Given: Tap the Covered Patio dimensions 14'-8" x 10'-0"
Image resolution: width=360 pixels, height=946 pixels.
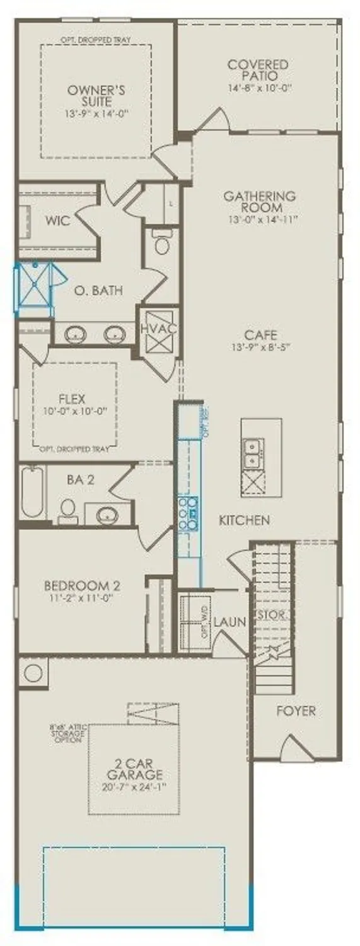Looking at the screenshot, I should coord(258,88).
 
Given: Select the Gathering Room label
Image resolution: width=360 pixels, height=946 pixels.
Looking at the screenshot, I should coord(259,202).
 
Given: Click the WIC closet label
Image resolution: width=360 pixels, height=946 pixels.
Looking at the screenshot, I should coord(57,221).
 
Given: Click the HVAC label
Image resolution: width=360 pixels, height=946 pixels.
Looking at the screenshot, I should coord(158,329).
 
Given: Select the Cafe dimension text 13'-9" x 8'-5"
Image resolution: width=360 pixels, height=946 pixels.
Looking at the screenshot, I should coord(262,347).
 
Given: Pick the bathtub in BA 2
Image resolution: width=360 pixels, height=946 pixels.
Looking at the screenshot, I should coord(32,491).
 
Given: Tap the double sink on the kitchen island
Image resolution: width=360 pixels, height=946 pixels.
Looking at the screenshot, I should coord(253,450).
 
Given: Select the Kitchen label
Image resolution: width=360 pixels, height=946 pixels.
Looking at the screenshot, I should coord(245,520).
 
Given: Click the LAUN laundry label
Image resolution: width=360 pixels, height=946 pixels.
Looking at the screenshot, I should coord(229,622).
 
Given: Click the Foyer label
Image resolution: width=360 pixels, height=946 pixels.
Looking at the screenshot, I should coord(296,711).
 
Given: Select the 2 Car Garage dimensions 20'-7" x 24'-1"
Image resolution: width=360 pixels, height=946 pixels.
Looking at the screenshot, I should coord(135,787).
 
